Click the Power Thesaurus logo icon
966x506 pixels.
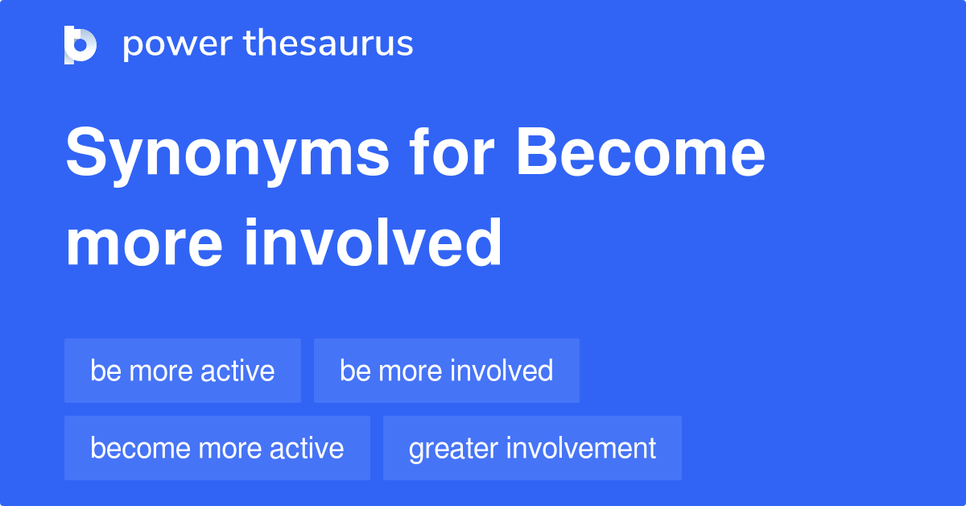(x=80, y=44)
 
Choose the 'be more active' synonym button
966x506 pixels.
(x=183, y=371)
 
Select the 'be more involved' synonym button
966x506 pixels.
(x=447, y=371)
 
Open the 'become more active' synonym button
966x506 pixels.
(x=217, y=448)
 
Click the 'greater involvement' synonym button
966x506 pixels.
(x=532, y=448)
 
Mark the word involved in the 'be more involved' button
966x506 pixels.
(x=501, y=371)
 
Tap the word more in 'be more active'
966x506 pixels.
(x=162, y=371)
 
